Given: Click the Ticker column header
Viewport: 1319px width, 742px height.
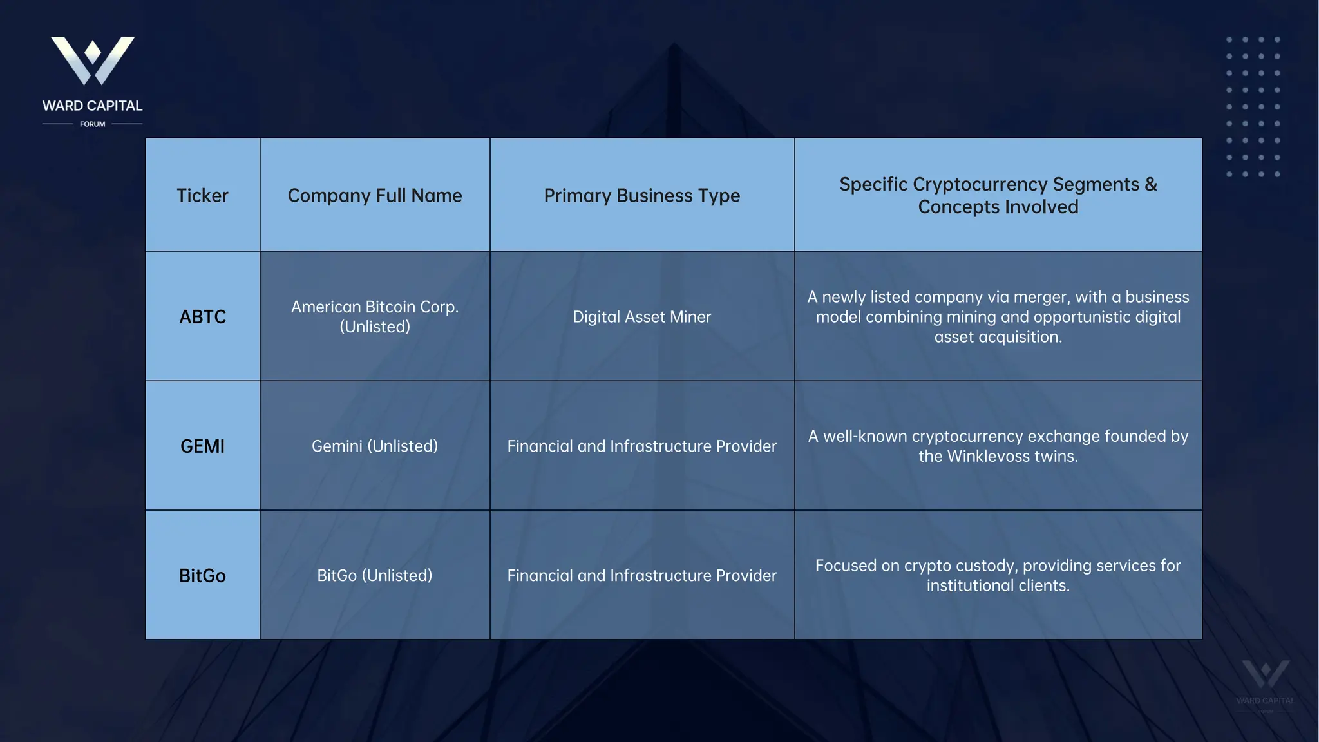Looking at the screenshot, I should tap(202, 195).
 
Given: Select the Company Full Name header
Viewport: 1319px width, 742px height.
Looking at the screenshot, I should tap(375, 195).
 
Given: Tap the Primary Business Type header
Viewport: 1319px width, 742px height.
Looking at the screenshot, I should tap(642, 195).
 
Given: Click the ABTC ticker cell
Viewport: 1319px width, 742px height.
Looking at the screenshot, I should tap(202, 317).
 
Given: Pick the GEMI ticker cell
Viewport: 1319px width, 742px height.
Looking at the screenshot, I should tap(202, 446).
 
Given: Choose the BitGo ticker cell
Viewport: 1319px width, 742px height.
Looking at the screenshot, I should tap(202, 575).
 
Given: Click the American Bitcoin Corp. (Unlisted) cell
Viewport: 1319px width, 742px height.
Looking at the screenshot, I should tap(375, 316).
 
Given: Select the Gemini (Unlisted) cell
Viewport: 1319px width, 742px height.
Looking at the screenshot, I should tap(375, 446).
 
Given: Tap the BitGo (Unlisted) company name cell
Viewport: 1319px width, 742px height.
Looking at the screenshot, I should tap(375, 575).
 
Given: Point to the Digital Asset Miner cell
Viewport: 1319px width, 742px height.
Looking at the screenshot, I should tap(642, 317).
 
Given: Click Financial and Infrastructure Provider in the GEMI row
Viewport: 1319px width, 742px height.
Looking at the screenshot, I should tap(642, 446).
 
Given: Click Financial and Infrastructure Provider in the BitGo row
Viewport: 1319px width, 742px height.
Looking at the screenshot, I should tap(642, 575).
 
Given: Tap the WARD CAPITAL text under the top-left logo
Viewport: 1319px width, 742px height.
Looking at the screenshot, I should tap(93, 106).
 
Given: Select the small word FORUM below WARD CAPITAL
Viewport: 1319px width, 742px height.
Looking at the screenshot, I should tap(93, 124).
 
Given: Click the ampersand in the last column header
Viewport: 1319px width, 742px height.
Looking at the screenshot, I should tap(1151, 184).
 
